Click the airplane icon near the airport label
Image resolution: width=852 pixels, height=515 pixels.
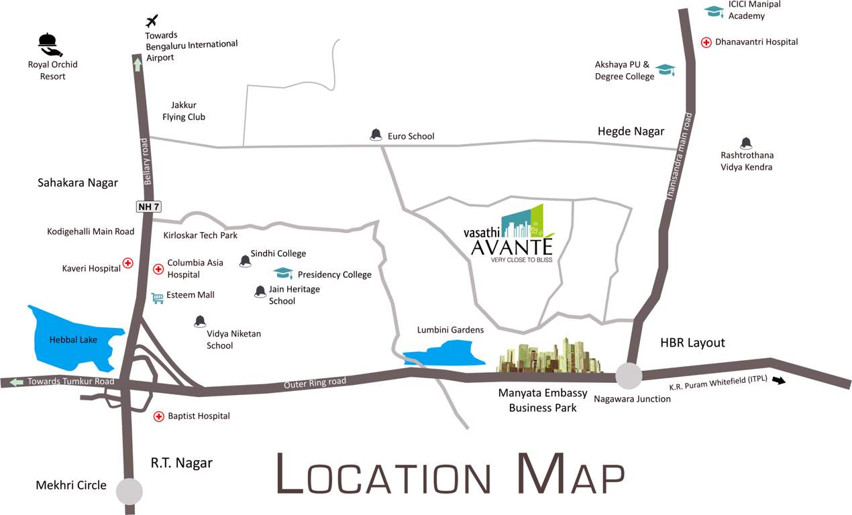(152, 21)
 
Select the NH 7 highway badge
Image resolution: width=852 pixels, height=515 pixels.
(148, 207)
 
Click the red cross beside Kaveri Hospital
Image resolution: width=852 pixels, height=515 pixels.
(127, 263)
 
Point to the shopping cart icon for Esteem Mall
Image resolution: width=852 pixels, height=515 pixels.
(158, 298)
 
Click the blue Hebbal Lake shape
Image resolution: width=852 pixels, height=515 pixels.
(70, 339)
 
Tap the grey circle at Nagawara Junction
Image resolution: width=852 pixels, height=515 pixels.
(629, 376)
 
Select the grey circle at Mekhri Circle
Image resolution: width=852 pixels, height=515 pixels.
(129, 491)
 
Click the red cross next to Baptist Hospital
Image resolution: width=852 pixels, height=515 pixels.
(159, 416)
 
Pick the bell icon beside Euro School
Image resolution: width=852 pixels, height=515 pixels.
(376, 135)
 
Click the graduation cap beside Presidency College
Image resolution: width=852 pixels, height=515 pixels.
(284, 273)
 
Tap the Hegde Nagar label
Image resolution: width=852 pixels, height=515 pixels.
(631, 131)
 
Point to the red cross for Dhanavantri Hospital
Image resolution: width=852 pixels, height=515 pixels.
(706, 42)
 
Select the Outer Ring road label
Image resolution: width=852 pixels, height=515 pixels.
(315, 382)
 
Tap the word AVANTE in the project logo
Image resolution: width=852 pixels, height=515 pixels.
(512, 247)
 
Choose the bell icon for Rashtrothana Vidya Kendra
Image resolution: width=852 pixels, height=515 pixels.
(745, 143)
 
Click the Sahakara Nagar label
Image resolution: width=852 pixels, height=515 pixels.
(78, 182)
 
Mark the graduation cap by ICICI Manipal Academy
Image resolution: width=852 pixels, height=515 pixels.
(713, 11)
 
